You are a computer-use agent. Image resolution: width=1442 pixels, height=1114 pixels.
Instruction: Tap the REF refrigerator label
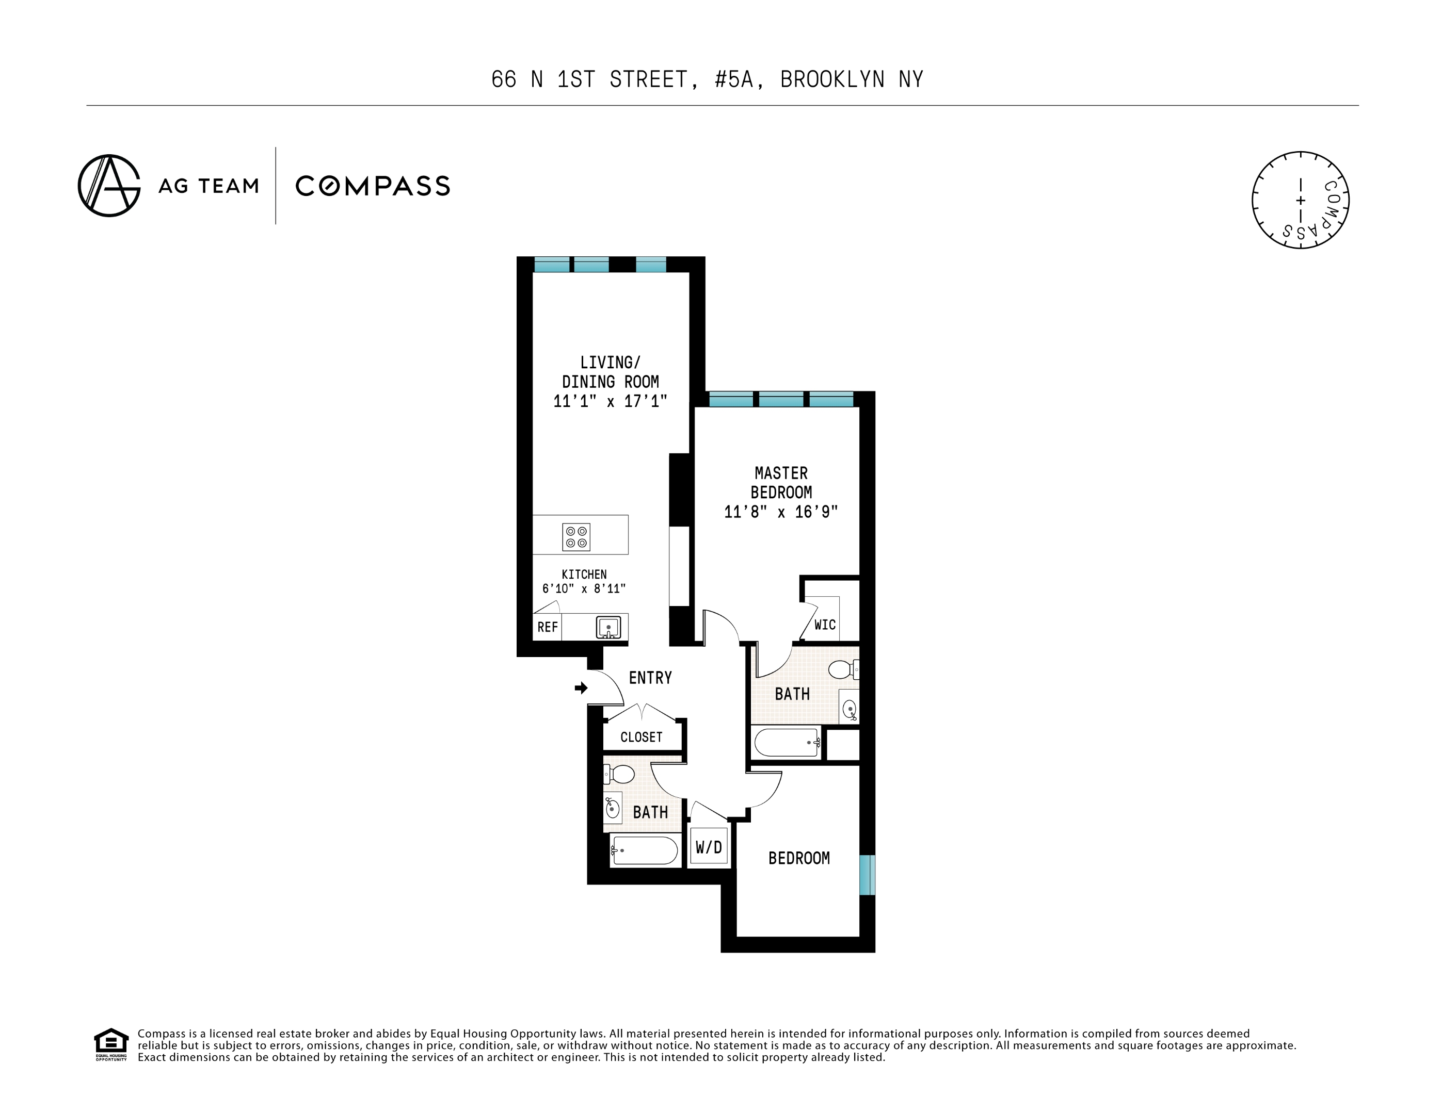548,627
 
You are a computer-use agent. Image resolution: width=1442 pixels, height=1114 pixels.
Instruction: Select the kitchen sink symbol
607,627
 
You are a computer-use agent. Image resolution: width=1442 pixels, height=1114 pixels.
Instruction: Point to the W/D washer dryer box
709,847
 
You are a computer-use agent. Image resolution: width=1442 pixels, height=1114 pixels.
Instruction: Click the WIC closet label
825,625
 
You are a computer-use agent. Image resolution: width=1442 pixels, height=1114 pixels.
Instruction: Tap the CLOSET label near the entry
641,736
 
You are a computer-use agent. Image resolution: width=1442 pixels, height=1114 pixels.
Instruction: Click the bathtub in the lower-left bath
644,850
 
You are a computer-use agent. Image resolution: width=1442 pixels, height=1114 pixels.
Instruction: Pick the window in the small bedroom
867,875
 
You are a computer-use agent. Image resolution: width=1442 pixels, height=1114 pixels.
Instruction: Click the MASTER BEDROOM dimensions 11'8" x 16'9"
780,512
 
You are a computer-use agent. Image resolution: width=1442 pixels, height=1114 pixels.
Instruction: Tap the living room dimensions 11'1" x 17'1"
610,401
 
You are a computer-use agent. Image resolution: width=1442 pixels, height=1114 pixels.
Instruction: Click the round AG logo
109,186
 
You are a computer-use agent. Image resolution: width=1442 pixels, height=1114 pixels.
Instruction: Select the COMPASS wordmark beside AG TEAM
373,186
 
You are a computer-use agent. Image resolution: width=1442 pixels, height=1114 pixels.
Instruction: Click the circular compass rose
1300,200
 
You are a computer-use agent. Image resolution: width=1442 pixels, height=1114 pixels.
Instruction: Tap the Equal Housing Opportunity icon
111,1044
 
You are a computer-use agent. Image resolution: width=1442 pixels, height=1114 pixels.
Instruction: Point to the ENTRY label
650,678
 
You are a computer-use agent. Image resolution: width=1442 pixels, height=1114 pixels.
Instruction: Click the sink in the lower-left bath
612,808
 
